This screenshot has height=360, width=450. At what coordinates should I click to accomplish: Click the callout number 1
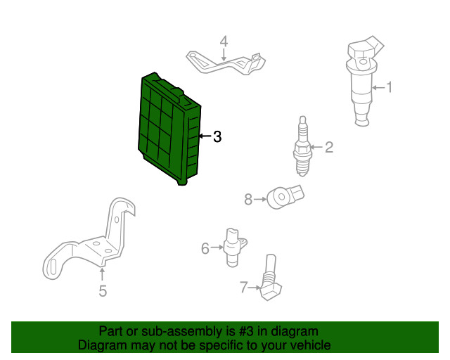click(389, 87)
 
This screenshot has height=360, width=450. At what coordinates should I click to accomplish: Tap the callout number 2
click(329, 147)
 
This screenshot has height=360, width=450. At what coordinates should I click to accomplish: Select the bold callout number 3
click(217, 136)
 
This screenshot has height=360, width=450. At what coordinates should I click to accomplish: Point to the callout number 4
click(224, 41)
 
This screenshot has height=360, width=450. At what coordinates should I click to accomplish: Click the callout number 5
click(103, 291)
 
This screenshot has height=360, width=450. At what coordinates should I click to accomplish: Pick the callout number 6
click(205, 248)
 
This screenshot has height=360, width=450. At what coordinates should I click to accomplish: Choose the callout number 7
click(243, 287)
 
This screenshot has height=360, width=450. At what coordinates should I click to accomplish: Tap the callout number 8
click(248, 199)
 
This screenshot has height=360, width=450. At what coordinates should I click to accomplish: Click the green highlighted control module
click(169, 129)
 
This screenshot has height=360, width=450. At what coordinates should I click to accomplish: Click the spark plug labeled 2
click(302, 146)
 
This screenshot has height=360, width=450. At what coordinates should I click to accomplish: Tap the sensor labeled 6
click(234, 247)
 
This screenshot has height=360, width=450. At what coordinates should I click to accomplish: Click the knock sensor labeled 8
click(284, 197)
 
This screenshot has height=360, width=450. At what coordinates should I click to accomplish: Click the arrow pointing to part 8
click(260, 199)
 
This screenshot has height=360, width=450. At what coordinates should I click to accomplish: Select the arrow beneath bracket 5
click(102, 274)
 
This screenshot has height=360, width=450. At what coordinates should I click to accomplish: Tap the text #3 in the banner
click(246, 332)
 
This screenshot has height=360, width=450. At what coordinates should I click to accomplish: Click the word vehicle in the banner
click(311, 345)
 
